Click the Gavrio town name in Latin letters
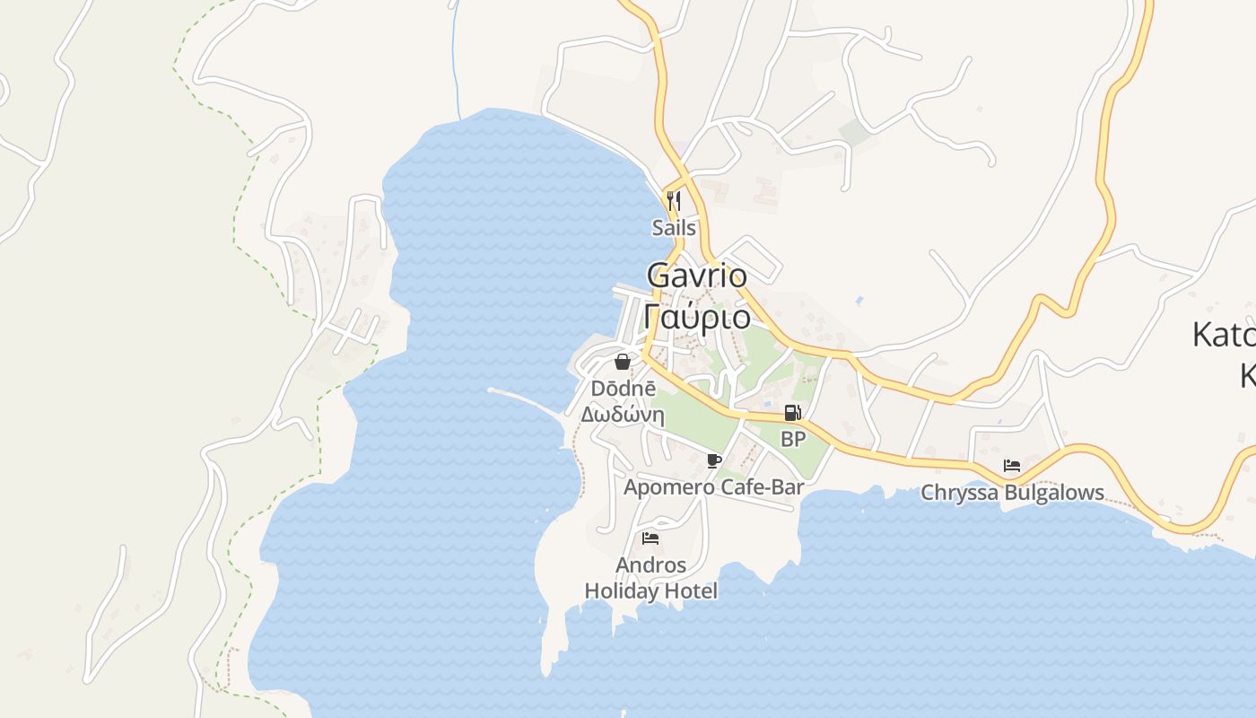[696, 276]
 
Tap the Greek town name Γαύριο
[697, 317]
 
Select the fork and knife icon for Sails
[674, 200]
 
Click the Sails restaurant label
[674, 228]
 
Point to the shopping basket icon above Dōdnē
[623, 362]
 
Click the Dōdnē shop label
[624, 389]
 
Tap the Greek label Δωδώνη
[623, 415]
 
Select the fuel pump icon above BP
[792, 413]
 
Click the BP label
[793, 439]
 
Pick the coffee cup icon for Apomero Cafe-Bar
[714, 461]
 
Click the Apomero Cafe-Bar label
[713, 487]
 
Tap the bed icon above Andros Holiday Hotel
[650, 538]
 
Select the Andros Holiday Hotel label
[651, 578]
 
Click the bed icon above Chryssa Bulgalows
[1012, 466]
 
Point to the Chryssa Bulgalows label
[1013, 493]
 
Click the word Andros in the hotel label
[651, 565]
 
